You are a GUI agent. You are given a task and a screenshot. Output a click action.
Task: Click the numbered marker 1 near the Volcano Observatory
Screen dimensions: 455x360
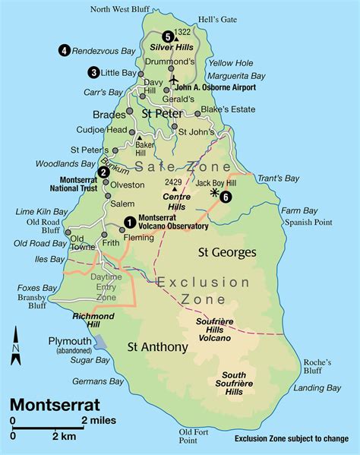click(x=129, y=221)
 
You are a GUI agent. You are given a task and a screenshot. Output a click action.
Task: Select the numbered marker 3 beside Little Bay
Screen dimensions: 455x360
click(x=93, y=73)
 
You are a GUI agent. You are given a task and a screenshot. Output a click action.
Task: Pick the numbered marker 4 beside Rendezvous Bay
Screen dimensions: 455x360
click(x=64, y=50)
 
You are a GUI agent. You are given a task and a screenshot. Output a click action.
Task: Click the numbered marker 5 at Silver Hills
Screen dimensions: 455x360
click(x=167, y=35)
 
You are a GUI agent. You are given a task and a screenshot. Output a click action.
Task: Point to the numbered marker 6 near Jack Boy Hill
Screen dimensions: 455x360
click(x=226, y=197)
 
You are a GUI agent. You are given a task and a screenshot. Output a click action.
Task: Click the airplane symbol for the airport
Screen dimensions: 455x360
click(x=174, y=78)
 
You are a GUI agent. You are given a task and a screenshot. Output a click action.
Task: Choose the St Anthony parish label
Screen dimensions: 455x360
click(x=157, y=348)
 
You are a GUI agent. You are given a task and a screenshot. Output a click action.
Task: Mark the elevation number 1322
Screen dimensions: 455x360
click(x=183, y=32)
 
